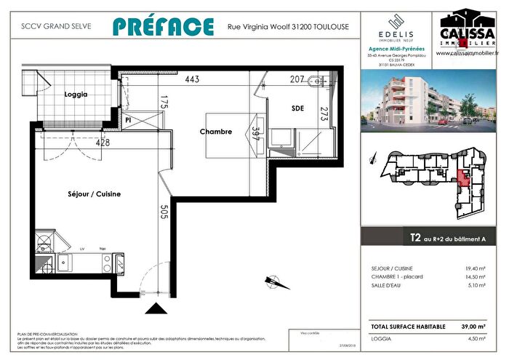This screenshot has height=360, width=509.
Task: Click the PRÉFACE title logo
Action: coord(164,26)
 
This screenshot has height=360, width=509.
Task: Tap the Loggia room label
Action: coord(75,95)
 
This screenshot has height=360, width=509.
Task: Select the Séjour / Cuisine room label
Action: coord(94,194)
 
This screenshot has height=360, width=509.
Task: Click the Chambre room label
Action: coord(216,132)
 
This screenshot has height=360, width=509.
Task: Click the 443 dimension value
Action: coord(192,79)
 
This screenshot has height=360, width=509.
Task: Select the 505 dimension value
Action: coord(164,212)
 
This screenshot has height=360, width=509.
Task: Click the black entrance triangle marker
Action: coord(156,308)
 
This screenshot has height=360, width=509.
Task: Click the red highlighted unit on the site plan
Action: coord(462,177)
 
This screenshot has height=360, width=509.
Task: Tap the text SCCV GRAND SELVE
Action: coord(40,27)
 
